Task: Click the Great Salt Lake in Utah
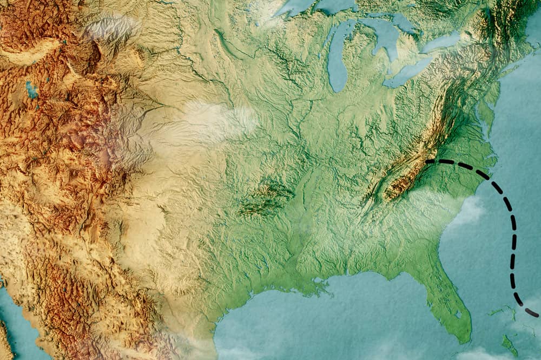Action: tap(31, 89)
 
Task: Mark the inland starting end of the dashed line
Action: tap(427, 161)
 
